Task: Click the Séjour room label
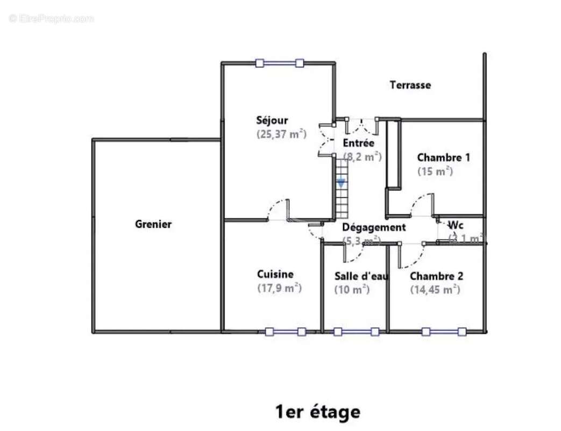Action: coord(272,121)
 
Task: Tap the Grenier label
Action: coord(153,224)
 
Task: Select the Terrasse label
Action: coord(410,85)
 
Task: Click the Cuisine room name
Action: coord(275,274)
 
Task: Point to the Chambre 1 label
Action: coord(443,158)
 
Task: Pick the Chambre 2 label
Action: coord(436,276)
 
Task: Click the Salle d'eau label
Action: coord(360,276)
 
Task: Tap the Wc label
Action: coord(456,225)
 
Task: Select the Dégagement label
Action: coord(374,227)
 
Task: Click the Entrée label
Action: coord(358,143)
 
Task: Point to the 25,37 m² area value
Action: coord(281,134)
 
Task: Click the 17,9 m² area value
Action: coord(279,288)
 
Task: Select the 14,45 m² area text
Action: coord(435,289)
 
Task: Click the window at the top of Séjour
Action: coord(279,63)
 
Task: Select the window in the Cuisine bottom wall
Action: coord(286,332)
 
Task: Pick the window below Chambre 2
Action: coord(444,332)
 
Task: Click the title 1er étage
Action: coord(318,412)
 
